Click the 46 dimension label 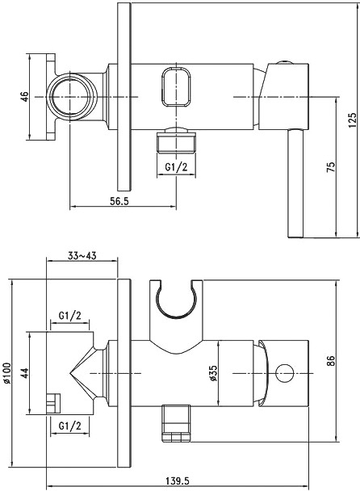point(25,96)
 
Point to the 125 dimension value point(353,120)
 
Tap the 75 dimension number point(331,166)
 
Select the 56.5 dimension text point(119,201)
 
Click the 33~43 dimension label point(82,255)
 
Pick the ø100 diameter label point(7,372)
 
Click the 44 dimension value point(25,373)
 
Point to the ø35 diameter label point(214,373)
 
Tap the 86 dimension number point(331,361)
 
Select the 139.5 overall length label point(177,480)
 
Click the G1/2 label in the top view point(176,167)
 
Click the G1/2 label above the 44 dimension point(69,315)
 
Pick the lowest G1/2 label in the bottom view point(69,426)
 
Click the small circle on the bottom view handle point(285,373)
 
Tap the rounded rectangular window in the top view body point(176,87)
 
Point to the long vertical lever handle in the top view point(295,183)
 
